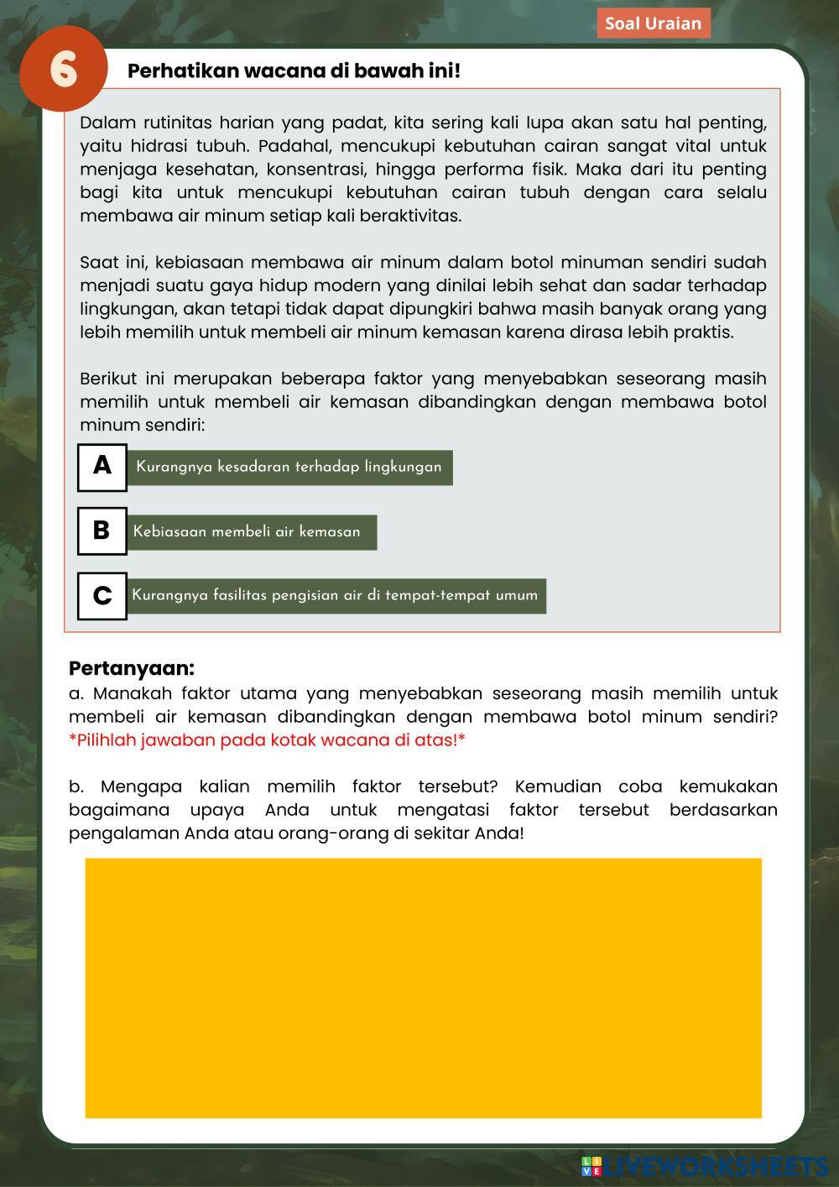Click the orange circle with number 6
[x=63, y=69]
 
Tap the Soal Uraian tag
[x=653, y=23]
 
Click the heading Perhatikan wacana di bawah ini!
[x=294, y=71]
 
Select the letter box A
[x=102, y=467]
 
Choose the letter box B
[x=102, y=531]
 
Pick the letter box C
[x=102, y=595]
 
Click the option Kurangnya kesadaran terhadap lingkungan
[x=289, y=467]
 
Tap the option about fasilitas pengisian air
[x=335, y=595]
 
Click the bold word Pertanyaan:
[x=132, y=668]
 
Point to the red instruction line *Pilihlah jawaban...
[x=267, y=740]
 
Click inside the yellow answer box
[x=423, y=987]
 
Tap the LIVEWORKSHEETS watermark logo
[x=705, y=1166]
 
